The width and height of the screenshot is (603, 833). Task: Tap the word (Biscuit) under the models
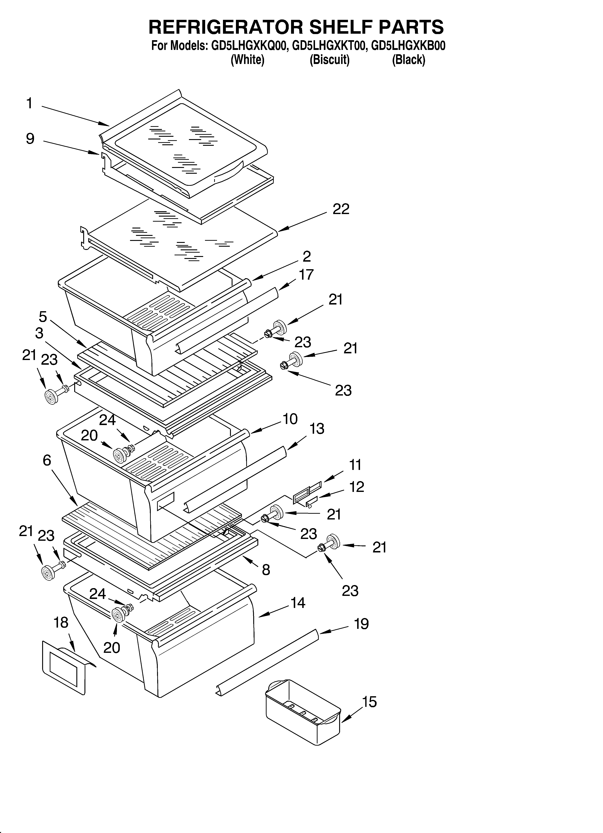[x=329, y=59]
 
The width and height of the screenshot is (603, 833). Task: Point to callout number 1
[x=29, y=104]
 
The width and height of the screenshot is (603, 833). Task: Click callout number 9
[x=30, y=139]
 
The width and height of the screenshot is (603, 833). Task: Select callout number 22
[x=341, y=209]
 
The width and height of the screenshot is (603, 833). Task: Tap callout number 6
[x=47, y=460]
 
